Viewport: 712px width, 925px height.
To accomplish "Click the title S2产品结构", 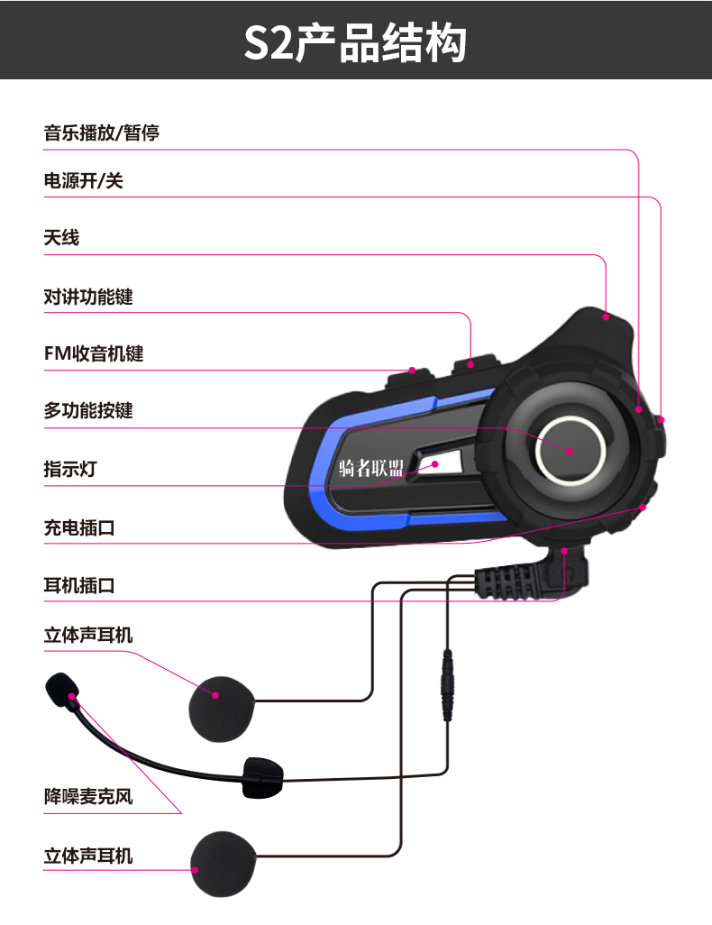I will point(355,42).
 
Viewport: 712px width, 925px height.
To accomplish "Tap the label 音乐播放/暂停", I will point(102,133).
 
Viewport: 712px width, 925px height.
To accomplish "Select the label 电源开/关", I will point(84,181).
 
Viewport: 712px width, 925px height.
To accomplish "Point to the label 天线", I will point(62,238).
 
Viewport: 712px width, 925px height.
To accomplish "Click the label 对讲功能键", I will point(88,297).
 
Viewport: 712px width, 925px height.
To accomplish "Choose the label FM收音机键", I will point(94,354).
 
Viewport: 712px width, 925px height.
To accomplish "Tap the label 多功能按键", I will point(88,411).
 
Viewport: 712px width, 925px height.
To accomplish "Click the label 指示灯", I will point(70,469).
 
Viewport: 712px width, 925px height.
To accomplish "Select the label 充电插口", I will point(79,528).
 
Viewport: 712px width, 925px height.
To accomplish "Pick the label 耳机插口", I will point(79,586).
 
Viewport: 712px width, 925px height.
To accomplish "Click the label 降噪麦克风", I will point(88,796).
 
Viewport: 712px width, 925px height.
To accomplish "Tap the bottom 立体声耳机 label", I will point(88,855).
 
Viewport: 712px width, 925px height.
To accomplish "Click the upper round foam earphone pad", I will point(222,695).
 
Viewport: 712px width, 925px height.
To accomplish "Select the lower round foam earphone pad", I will point(225,863).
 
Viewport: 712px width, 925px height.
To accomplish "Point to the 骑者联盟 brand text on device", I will point(371,466).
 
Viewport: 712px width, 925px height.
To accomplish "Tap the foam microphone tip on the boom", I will point(61,688).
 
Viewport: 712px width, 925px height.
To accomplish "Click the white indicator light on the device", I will point(431,464).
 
